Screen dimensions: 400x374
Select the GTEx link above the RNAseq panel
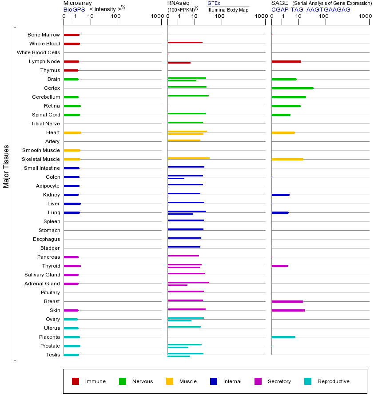[214, 3]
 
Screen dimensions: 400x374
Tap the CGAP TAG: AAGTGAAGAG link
[310, 9]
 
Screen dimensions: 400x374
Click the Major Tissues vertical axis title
[6, 166]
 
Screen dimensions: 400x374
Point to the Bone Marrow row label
[44, 35]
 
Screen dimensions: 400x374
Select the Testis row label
[53, 355]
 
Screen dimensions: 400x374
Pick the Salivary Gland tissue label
[42, 275]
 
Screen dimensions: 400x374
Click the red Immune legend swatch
[76, 381]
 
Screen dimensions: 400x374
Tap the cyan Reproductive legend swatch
[308, 381]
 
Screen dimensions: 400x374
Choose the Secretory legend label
[279, 381]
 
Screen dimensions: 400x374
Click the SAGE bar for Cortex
[292, 88]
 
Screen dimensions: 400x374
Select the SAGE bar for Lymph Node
[286, 61]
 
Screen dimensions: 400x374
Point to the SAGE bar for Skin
[288, 310]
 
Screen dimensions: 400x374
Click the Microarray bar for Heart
[72, 132]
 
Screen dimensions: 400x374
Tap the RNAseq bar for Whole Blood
[185, 43]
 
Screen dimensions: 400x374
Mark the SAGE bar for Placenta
[283, 337]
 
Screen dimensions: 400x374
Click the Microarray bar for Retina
[72, 106]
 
